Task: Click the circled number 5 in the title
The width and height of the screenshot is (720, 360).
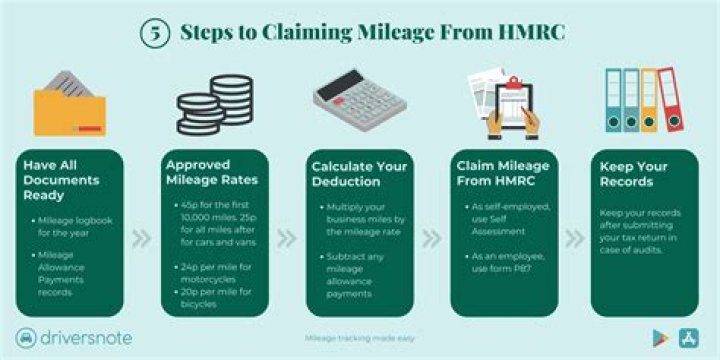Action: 152,31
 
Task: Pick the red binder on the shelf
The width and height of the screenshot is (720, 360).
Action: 666,99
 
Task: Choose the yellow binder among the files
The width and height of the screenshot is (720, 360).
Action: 649,99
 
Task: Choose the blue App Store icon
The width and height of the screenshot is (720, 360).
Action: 689,338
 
